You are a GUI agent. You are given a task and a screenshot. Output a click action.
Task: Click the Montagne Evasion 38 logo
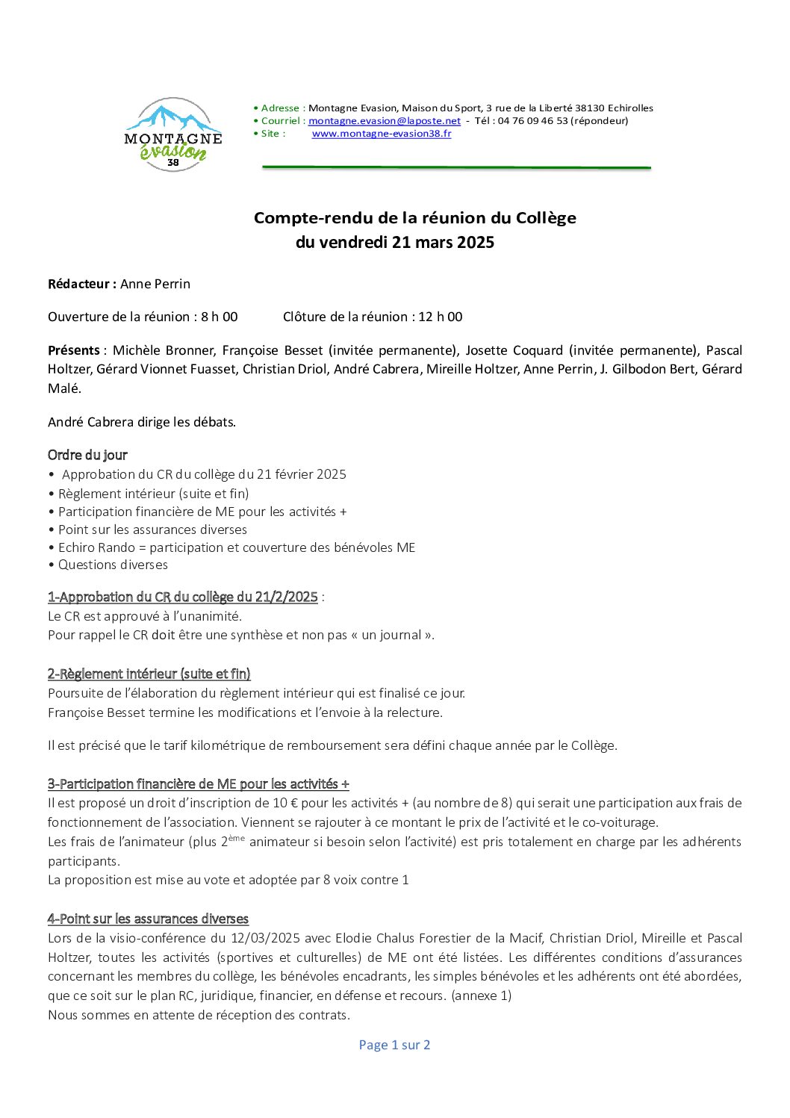[173, 134]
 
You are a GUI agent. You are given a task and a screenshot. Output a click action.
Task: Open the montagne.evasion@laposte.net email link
[384, 121]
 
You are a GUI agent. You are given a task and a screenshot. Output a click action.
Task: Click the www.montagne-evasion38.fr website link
[381, 134]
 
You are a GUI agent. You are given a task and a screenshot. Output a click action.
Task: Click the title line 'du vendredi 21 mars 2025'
[394, 242]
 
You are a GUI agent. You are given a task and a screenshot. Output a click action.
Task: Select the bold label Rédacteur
[81, 284]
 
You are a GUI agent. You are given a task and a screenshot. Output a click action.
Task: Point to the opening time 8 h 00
[219, 317]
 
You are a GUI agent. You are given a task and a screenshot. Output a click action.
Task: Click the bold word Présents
[74, 350]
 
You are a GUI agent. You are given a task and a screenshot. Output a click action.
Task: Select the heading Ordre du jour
[87, 455]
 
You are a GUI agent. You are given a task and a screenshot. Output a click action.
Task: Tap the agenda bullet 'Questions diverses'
[113, 565]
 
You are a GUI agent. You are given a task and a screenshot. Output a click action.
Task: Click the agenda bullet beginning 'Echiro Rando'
[236, 547]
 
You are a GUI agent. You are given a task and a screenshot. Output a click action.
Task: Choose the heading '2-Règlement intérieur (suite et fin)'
[149, 674]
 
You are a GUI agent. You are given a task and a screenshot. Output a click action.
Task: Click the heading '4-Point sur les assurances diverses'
[148, 919]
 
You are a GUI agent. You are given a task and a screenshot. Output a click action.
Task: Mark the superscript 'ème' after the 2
[236, 838]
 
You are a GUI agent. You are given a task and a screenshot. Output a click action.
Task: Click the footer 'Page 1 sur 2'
[394, 1045]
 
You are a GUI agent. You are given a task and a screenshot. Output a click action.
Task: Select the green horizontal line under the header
[455, 168]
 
